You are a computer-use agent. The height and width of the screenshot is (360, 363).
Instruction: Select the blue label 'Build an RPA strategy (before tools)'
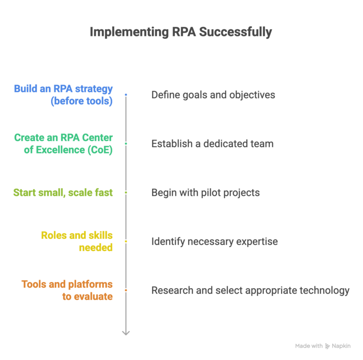coord(63,95)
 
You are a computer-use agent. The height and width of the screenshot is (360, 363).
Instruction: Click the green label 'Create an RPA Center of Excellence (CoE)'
coord(63,144)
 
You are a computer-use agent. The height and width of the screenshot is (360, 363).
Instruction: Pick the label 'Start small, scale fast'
coord(63,193)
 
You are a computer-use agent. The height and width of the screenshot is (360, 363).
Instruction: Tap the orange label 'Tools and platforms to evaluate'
coord(67,290)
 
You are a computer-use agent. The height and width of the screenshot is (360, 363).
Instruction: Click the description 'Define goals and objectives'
coord(213,95)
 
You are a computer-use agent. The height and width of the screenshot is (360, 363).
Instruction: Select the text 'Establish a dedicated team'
coord(212,144)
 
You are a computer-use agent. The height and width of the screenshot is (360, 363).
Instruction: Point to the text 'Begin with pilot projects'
coord(206,193)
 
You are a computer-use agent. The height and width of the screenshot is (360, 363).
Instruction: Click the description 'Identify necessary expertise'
coord(215,241)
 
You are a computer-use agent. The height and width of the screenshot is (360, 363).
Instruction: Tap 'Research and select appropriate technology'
coord(251,290)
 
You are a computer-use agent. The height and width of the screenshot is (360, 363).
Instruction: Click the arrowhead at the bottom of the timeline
coord(126,333)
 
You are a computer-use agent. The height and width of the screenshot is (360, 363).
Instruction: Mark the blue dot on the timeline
coord(126,95)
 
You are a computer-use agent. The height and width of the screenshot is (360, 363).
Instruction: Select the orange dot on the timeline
coord(126,290)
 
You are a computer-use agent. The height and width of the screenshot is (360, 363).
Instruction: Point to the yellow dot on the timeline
coord(126,241)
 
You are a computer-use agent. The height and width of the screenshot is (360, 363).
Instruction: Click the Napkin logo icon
coord(327,346)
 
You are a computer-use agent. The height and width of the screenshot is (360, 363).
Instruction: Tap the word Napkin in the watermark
coord(341,346)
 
